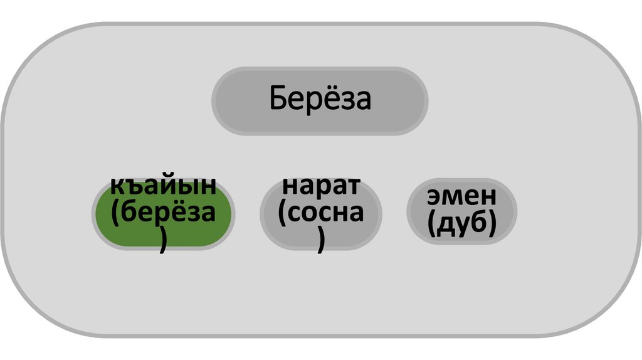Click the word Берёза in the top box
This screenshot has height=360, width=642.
[320, 99]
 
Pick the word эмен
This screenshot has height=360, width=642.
[462, 196]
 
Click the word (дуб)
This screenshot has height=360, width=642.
[462, 223]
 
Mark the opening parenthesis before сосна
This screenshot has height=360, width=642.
[283, 214]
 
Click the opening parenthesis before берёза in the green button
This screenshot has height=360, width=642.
[117, 214]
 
